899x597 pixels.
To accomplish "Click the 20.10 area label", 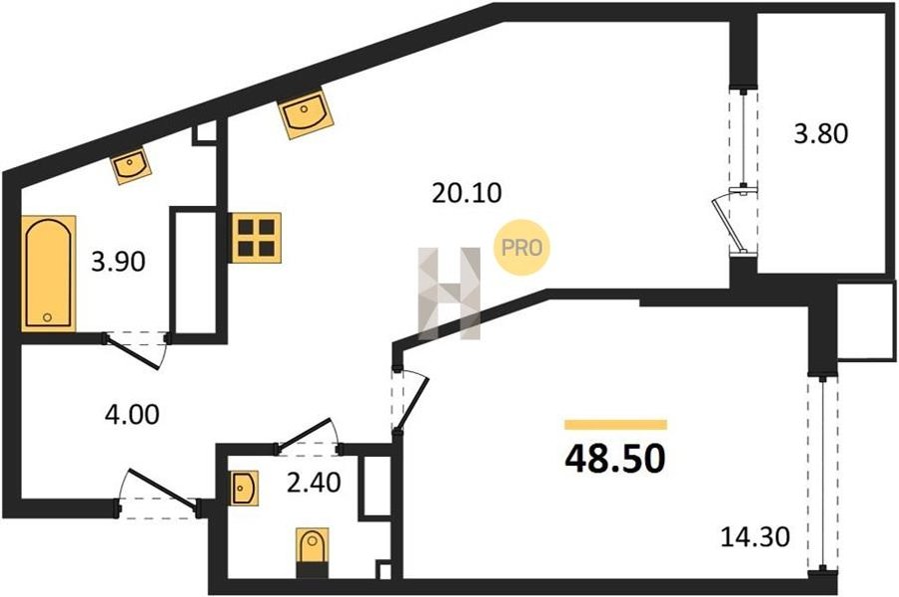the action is (x=466, y=193).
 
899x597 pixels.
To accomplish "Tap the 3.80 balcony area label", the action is (x=820, y=134).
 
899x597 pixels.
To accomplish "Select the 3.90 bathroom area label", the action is (x=118, y=262).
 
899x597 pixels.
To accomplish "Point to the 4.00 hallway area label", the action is (x=132, y=414).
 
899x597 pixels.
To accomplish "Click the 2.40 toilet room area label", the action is (x=314, y=483).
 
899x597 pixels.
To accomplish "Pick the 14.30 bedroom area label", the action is (x=754, y=537).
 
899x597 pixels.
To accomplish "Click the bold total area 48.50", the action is (x=615, y=459).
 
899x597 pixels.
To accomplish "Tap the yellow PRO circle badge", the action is (x=521, y=247).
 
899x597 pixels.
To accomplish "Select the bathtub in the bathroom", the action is (x=49, y=273).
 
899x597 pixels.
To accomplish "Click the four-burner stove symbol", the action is (x=256, y=238).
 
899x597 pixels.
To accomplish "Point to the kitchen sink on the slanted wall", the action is (x=306, y=113).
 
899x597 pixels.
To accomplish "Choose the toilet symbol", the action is (x=313, y=552).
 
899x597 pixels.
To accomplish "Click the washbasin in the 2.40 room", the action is (x=245, y=488).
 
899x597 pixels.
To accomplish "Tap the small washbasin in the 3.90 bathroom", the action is (x=131, y=166).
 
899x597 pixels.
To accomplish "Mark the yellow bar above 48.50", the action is (x=615, y=425).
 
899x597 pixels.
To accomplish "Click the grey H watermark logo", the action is (x=449, y=293).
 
